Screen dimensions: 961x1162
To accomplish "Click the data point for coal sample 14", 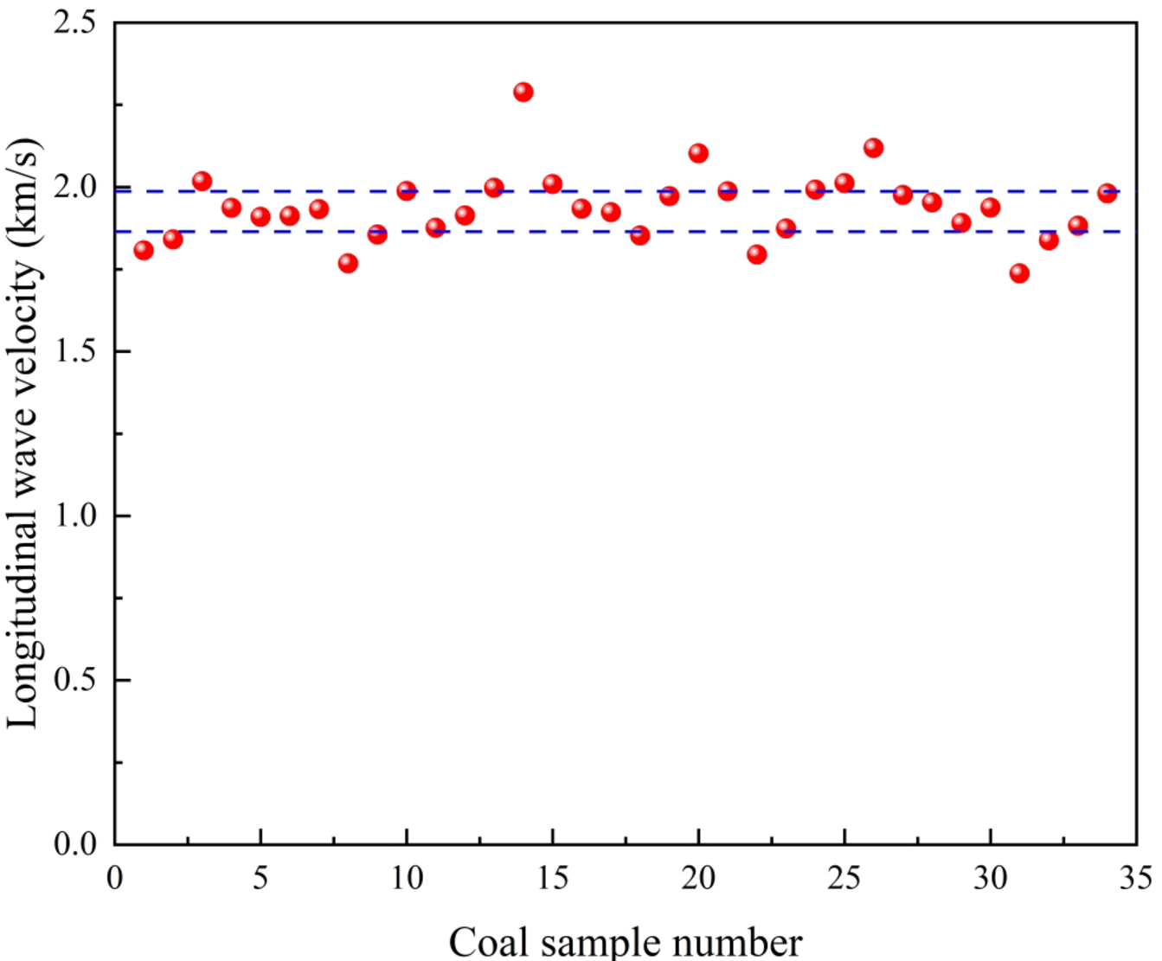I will [x=523, y=92].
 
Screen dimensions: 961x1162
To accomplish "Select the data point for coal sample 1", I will [x=144, y=250].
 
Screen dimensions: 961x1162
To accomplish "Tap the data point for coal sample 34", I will [x=1107, y=193].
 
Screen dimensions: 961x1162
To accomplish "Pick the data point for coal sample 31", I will [x=1019, y=273].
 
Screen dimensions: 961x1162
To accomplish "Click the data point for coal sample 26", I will [x=873, y=148].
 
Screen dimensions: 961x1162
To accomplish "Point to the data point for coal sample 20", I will [x=698, y=153].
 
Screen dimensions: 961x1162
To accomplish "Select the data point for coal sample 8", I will [x=348, y=263].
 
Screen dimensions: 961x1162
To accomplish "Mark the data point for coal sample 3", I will [x=202, y=181].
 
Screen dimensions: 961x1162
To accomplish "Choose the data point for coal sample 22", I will [x=756, y=254].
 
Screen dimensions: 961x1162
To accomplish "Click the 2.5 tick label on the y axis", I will [x=75, y=22].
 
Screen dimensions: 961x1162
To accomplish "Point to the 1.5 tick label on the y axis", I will [x=75, y=351].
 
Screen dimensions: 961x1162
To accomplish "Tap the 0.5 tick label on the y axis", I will [x=75, y=680].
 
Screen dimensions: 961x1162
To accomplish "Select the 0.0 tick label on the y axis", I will [x=75, y=843].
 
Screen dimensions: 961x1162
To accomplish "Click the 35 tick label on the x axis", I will [x=1134, y=879].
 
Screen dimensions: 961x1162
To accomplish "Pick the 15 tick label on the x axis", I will [x=552, y=879].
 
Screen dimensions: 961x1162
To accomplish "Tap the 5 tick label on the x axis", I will [x=260, y=879].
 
